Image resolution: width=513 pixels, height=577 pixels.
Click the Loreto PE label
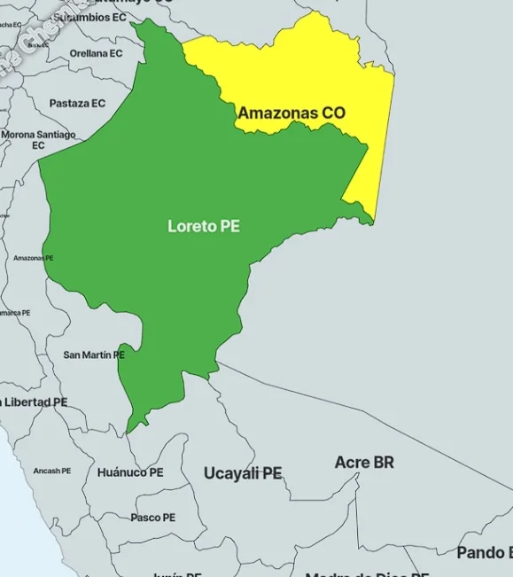pos(204,226)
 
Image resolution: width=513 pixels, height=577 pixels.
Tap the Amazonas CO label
pos(291,113)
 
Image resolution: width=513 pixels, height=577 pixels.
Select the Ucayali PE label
pos(243,473)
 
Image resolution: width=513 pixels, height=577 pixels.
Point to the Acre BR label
pos(364,462)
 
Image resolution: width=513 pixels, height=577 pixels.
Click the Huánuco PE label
pos(130,472)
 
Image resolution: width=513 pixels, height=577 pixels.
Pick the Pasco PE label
pos(153,518)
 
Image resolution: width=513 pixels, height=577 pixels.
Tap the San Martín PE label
pos(94,355)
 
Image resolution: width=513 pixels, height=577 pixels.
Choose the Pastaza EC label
pos(77,104)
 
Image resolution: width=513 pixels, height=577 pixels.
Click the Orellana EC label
pos(96,53)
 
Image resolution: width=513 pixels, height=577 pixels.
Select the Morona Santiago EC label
pos(38,139)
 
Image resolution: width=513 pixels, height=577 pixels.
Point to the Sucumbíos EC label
pos(89,17)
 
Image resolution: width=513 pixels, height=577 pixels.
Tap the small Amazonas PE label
pos(33,258)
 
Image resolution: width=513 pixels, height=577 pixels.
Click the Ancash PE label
pos(51,471)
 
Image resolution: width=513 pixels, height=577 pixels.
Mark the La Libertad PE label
pos(34,402)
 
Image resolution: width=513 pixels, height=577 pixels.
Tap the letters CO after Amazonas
pos(334,113)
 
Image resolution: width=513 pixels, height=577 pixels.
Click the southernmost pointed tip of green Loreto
pos(129,432)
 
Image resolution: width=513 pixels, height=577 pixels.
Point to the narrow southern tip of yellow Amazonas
pos(373,219)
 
